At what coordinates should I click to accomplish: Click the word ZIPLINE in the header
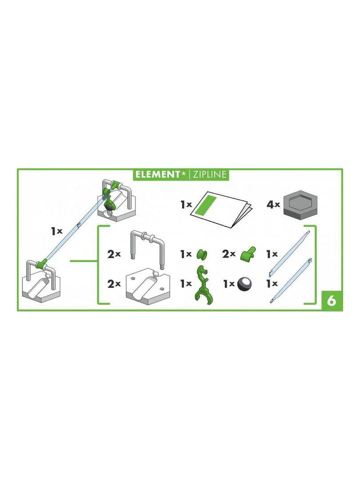click(x=209, y=175)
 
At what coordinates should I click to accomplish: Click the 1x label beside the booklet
click(x=186, y=205)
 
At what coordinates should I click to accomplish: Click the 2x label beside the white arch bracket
click(x=114, y=255)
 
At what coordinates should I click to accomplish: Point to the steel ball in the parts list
click(x=244, y=284)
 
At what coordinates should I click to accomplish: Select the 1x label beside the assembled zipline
click(x=56, y=231)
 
